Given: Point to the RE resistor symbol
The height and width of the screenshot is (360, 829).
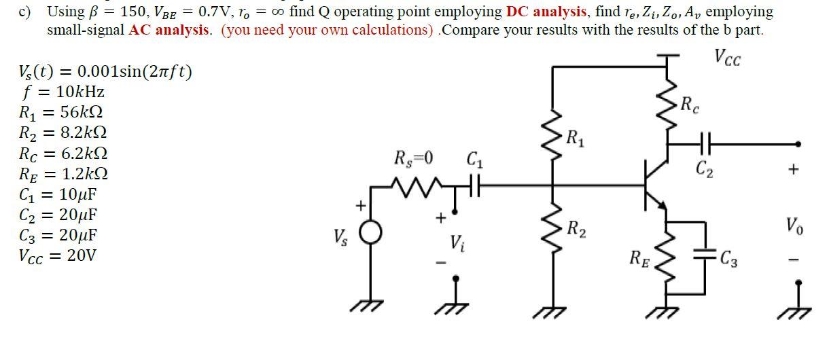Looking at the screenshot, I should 665,262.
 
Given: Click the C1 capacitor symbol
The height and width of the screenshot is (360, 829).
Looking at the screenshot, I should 473,183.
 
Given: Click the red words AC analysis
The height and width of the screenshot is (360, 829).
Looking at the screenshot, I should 169,30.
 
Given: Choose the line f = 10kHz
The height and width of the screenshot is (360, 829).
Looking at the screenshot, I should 63,92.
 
